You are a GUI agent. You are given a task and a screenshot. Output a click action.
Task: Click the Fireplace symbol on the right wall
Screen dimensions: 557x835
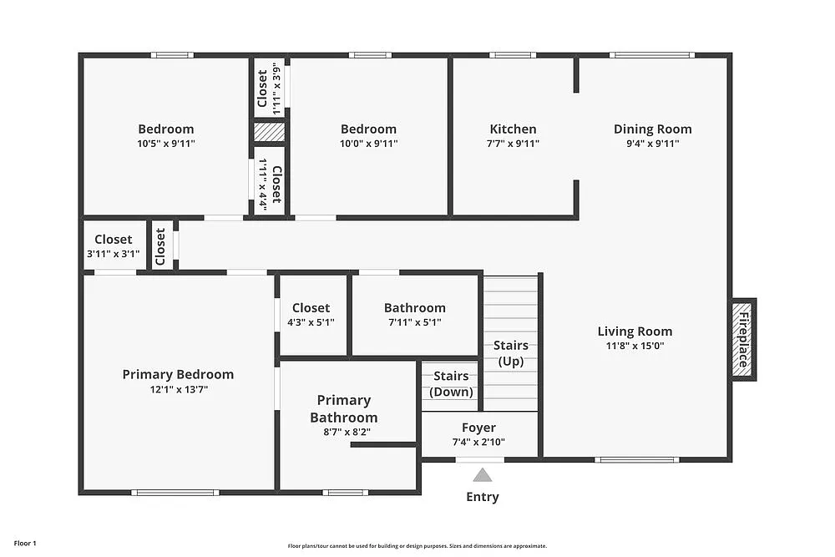[741, 338]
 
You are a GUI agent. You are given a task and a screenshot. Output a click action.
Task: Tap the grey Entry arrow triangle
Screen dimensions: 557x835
[483, 476]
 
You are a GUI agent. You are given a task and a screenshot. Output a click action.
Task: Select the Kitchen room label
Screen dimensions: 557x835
[513, 129]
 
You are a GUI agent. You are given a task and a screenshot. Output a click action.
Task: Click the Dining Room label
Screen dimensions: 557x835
[652, 129]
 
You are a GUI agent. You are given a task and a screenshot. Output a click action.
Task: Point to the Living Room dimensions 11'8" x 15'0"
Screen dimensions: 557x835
[635, 346]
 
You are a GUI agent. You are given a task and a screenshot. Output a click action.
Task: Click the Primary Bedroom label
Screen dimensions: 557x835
[178, 374]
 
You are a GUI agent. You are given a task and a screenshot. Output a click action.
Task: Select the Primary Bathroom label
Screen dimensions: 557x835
[343, 408]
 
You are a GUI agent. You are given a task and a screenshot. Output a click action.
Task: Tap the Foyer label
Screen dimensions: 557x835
[478, 428]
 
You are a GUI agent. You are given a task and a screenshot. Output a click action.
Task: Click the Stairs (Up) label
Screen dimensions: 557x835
[510, 353]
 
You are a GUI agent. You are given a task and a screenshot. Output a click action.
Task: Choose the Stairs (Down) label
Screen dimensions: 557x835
[451, 384]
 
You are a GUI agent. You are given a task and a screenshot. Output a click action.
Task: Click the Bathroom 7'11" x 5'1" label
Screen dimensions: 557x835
[414, 308]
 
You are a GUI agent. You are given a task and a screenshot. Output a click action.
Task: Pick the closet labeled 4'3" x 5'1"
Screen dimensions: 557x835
[311, 308]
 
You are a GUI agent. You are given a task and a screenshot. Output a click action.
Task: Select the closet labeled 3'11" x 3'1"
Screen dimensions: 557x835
[113, 240]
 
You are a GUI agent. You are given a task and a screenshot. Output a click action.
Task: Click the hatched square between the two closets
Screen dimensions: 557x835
[269, 133]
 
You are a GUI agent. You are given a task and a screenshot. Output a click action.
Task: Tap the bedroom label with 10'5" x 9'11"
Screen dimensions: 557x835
[165, 129]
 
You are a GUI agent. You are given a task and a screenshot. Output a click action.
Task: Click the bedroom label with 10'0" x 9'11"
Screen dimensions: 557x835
[368, 129]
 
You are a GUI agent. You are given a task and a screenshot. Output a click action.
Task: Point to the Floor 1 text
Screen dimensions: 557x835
[25, 544]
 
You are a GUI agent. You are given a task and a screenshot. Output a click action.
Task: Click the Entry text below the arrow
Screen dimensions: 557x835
[483, 497]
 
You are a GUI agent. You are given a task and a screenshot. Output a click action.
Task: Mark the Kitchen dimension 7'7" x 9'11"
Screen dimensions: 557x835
[513, 144]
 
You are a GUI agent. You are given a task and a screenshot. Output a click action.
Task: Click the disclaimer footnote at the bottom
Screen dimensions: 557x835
[417, 544]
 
